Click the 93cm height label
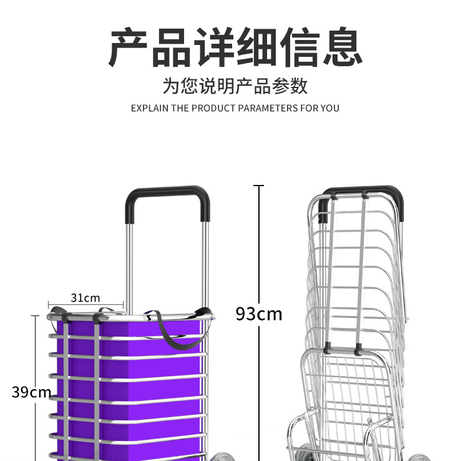(258, 313)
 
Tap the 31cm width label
(85, 298)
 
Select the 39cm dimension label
(31, 392)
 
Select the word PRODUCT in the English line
(213, 108)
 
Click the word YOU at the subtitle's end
(330, 108)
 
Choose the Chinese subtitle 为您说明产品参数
(235, 86)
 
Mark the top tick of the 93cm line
(259, 186)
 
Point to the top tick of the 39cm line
(35, 316)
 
